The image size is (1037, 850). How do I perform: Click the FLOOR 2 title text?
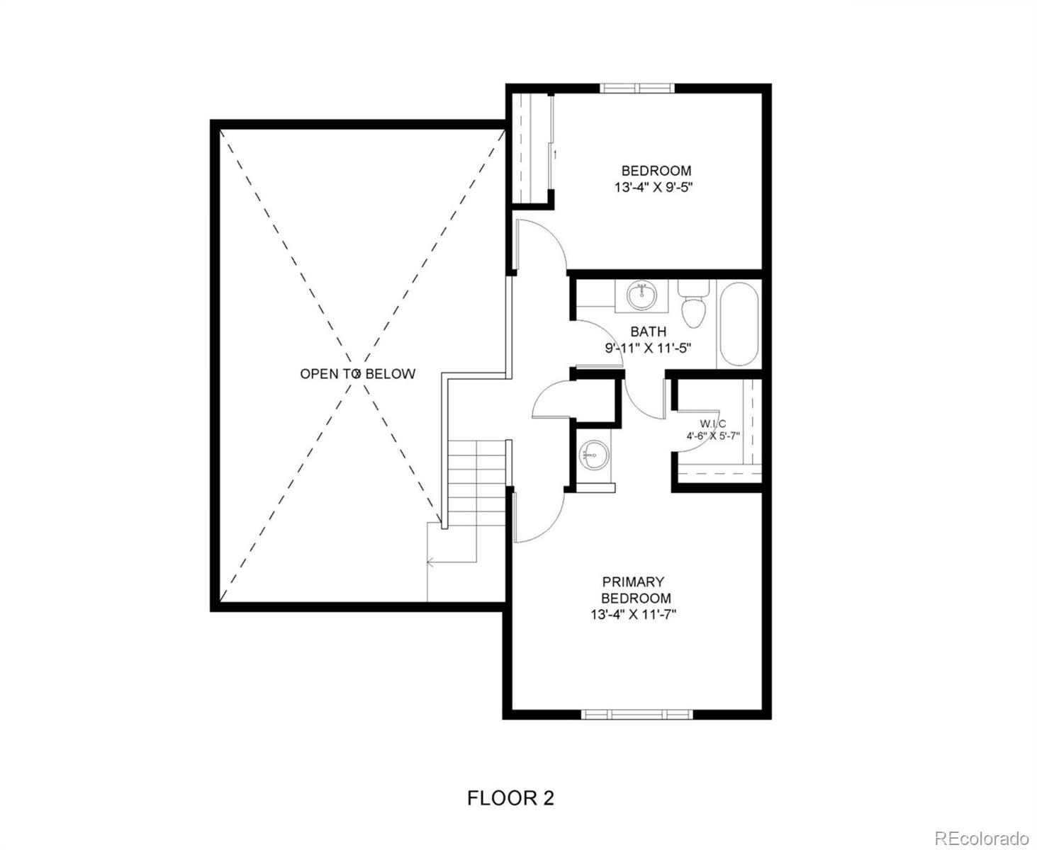(510, 798)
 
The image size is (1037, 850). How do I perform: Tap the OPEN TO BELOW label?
(357, 374)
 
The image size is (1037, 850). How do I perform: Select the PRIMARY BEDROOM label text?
(634, 590)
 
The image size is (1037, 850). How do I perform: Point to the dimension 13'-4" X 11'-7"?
(634, 615)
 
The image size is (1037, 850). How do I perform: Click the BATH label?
(648, 331)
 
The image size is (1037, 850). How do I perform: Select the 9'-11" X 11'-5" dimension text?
(648, 348)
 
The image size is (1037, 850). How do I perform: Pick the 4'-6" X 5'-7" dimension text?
(712, 436)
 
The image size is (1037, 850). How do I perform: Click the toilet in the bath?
(693, 306)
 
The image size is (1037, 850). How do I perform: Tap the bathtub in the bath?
(739, 324)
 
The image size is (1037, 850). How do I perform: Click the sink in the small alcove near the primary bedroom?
(594, 454)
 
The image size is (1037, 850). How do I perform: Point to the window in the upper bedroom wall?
(637, 89)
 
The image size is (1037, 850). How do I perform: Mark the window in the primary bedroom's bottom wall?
(636, 714)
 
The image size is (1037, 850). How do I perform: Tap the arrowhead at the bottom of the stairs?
(430, 562)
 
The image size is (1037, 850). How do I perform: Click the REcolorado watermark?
(981, 838)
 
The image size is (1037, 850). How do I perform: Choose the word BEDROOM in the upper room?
(656, 171)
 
